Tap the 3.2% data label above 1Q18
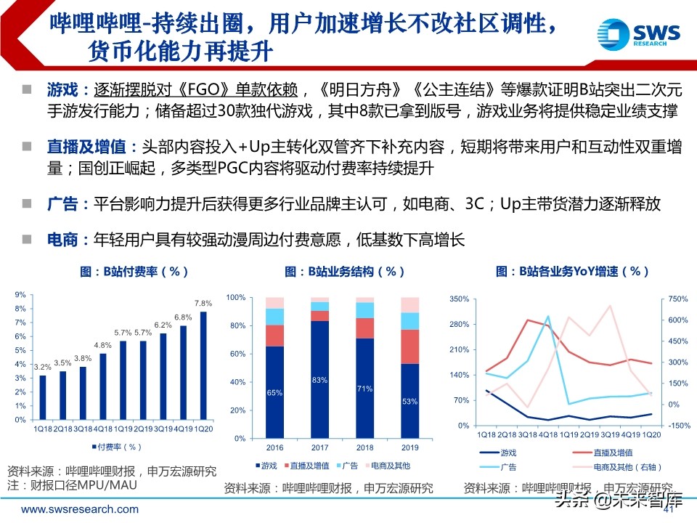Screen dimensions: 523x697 pos(42,367)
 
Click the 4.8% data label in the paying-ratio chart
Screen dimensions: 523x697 pos(102,345)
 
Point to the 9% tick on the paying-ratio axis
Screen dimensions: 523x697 pos(20,295)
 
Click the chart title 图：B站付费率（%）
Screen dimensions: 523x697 pos(135,272)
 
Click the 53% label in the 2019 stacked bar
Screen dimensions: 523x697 pos(409,401)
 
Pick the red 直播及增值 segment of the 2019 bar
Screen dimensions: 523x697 pos(409,346)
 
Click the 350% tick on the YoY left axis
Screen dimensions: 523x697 pos(461,299)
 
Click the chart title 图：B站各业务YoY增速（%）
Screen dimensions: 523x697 pos(572,272)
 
